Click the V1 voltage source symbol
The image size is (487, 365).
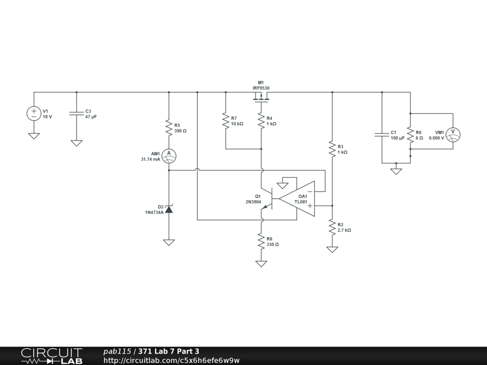click(34, 114)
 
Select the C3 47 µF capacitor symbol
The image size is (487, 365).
click(76, 114)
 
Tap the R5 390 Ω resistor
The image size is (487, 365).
click(168, 127)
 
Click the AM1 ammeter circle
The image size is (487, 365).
click(168, 156)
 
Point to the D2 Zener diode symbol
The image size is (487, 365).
click(168, 209)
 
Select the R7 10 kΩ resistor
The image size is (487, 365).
click(225, 120)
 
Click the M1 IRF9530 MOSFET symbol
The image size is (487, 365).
click(261, 98)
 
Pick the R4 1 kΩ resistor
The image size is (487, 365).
click(261, 120)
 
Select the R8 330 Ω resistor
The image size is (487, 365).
click(261, 241)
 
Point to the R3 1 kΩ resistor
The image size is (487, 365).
click(332, 149)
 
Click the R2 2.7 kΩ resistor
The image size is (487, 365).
click(332, 227)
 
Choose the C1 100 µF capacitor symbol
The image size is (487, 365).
click(381, 134)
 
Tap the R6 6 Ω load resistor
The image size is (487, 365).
click(410, 134)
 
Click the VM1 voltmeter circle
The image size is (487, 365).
click(453, 134)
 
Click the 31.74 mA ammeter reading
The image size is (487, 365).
click(150, 160)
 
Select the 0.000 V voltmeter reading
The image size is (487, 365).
click(436, 138)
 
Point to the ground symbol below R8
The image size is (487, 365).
click(261, 263)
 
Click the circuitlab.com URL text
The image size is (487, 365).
click(172, 360)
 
